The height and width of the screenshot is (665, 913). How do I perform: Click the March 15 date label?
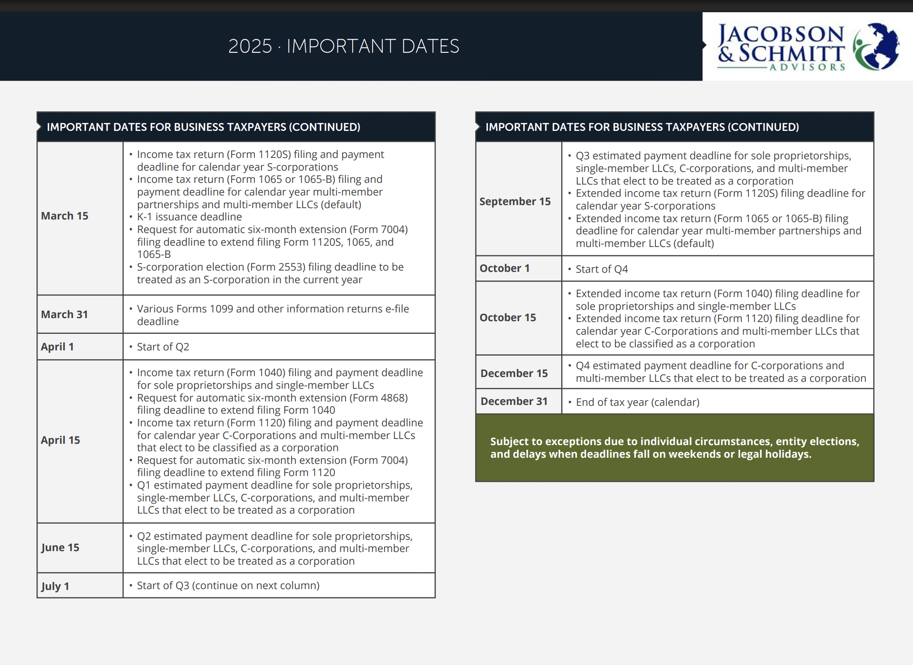pos(65,216)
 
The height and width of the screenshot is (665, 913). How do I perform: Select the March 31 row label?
pos(65,315)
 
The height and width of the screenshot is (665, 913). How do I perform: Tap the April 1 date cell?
pos(57,347)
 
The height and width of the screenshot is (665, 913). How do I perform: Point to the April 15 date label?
pos(61,440)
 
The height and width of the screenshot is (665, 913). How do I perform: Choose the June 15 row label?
pos(60,548)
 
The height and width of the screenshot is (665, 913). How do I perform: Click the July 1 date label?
pos(55,586)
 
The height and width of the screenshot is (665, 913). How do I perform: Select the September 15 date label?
pos(515,202)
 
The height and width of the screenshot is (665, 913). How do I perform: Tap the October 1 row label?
pos(505,268)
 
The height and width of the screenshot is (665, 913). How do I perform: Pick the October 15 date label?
pos(508,318)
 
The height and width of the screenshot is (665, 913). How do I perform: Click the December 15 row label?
pos(514,374)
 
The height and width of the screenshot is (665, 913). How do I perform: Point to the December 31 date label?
pos(514,401)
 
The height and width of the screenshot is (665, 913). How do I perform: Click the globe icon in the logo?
pos(876,46)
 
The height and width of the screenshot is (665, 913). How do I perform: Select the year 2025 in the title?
pos(250,47)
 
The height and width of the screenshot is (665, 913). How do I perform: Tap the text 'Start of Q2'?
pos(163,347)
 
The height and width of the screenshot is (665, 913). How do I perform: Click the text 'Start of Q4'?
pos(602,269)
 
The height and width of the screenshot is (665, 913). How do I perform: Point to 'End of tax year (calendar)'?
pos(638,402)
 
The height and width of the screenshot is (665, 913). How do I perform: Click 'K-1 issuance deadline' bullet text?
pos(189,217)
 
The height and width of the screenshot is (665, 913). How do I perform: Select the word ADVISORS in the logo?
pos(807,67)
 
